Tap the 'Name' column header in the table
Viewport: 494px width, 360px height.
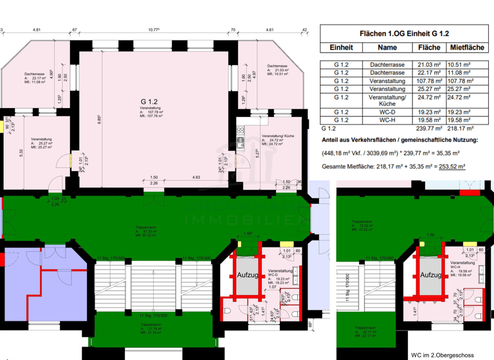point(387,48)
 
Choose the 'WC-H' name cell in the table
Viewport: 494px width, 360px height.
point(387,120)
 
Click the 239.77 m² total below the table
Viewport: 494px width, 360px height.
point(428,129)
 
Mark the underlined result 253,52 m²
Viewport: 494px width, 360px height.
point(452,166)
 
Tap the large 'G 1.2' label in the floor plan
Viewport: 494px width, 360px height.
point(149,102)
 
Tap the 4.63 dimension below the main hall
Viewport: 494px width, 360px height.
point(194,177)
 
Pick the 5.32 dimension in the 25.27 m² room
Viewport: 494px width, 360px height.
point(21,152)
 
